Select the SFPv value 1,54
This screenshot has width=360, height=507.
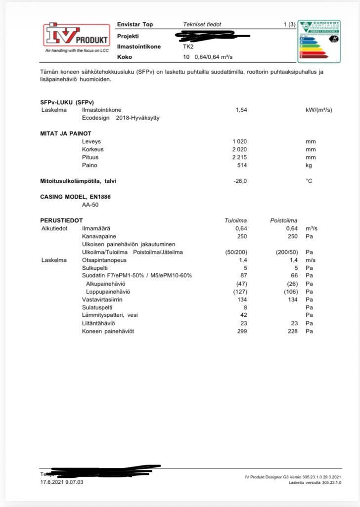[x=241, y=110]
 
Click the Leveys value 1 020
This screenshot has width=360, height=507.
[x=239, y=141]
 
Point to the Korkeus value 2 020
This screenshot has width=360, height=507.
[x=239, y=149]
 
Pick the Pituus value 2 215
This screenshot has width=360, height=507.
[x=239, y=157]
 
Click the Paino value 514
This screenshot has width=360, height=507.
[x=242, y=165]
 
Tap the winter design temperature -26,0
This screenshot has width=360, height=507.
[x=240, y=181]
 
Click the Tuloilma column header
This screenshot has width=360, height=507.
[x=236, y=220]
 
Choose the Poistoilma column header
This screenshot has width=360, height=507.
[x=283, y=220]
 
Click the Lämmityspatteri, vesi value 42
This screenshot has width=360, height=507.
[x=243, y=315]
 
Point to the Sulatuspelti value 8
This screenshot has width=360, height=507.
[x=245, y=307]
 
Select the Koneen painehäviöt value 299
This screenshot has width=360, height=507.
[x=242, y=331]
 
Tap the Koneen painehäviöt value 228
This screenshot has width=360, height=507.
[x=292, y=331]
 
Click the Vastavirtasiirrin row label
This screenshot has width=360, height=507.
[x=102, y=299]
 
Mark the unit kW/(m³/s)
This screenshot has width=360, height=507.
[x=319, y=110]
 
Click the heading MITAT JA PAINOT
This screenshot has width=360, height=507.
[x=66, y=133]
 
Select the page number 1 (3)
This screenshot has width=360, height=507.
[x=289, y=24]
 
